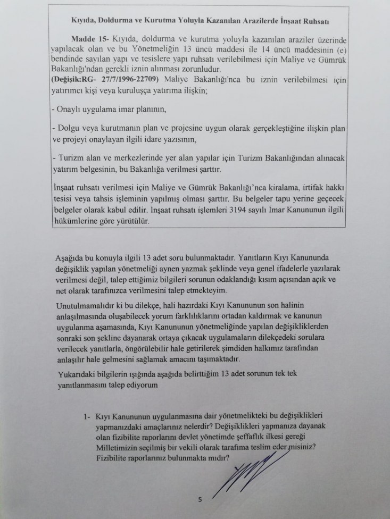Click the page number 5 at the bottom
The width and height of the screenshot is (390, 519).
[x=200, y=499]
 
